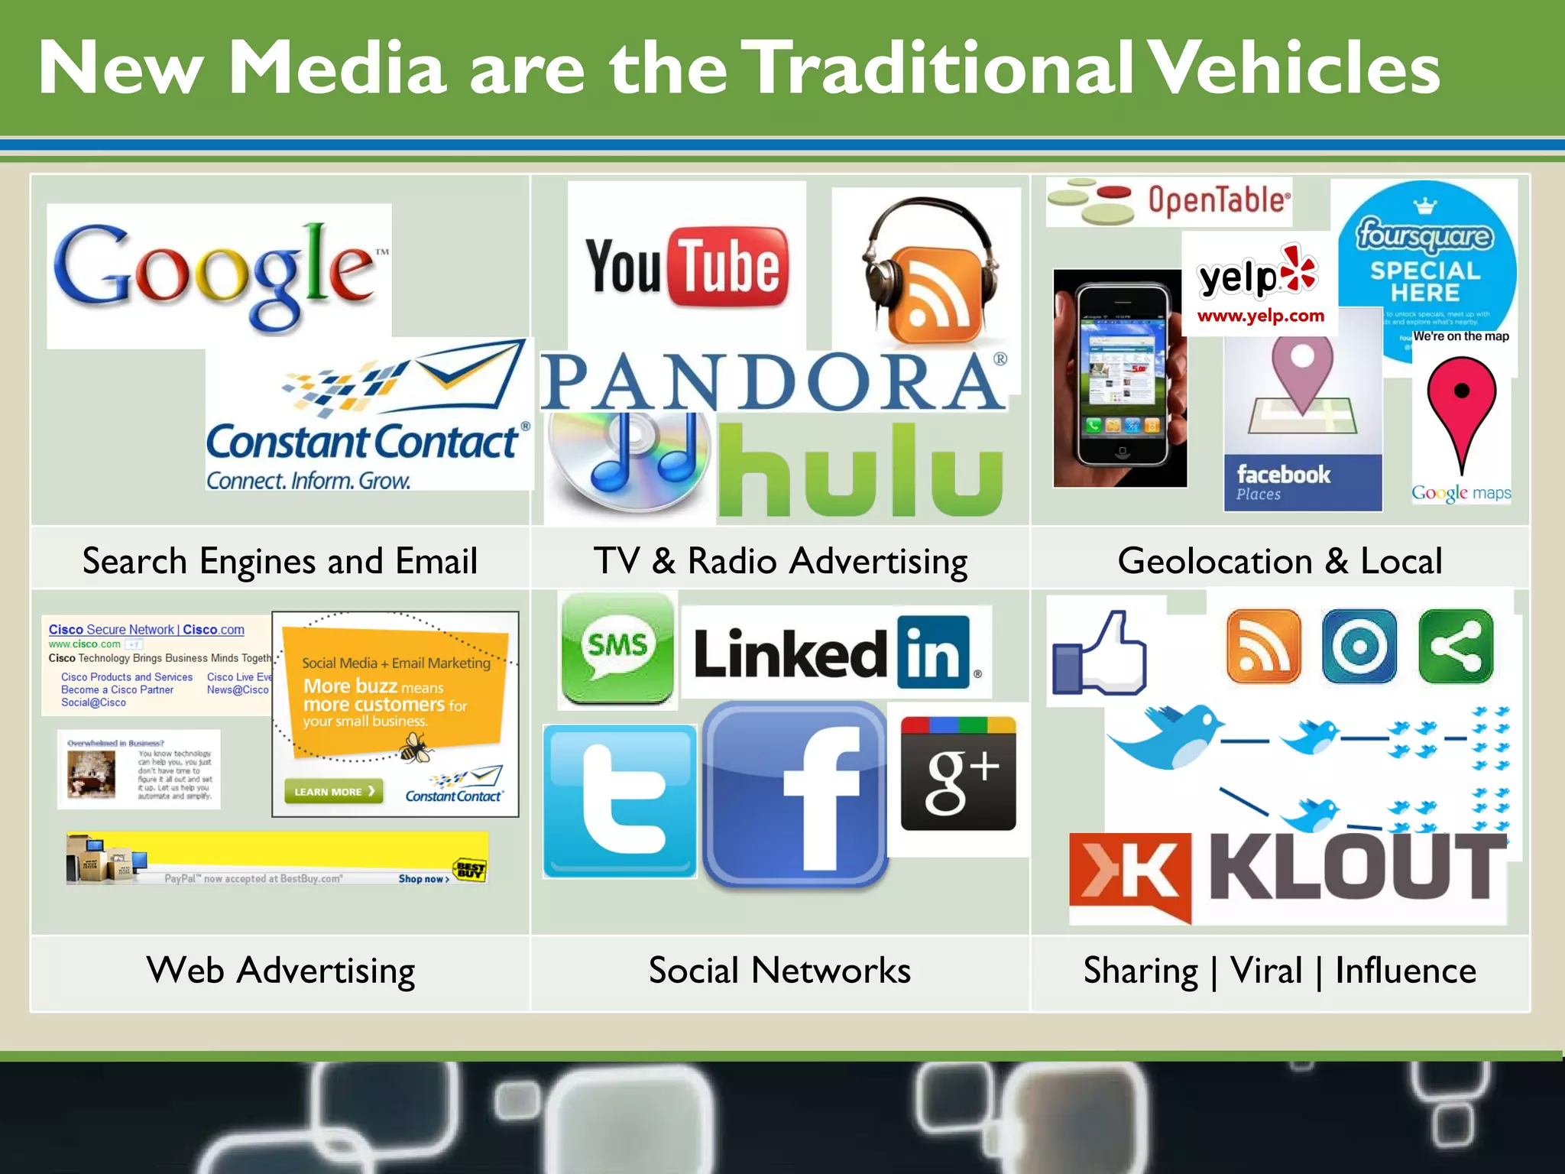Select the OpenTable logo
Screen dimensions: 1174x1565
[1168, 202]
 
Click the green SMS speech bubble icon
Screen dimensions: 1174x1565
[617, 649]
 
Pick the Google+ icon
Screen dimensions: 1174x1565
[958, 773]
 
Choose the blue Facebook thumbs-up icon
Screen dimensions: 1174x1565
[1100, 655]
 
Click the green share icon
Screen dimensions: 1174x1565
[1456, 647]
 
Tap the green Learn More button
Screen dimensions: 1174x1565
[334, 791]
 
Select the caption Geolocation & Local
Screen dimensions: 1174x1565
[1280, 560]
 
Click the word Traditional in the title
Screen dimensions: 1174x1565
[938, 68]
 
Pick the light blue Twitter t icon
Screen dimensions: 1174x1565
[620, 800]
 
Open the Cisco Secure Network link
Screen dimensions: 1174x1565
[146, 630]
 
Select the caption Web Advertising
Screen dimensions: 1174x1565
[280, 971]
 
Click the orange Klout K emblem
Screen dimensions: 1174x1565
[1129, 875]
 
